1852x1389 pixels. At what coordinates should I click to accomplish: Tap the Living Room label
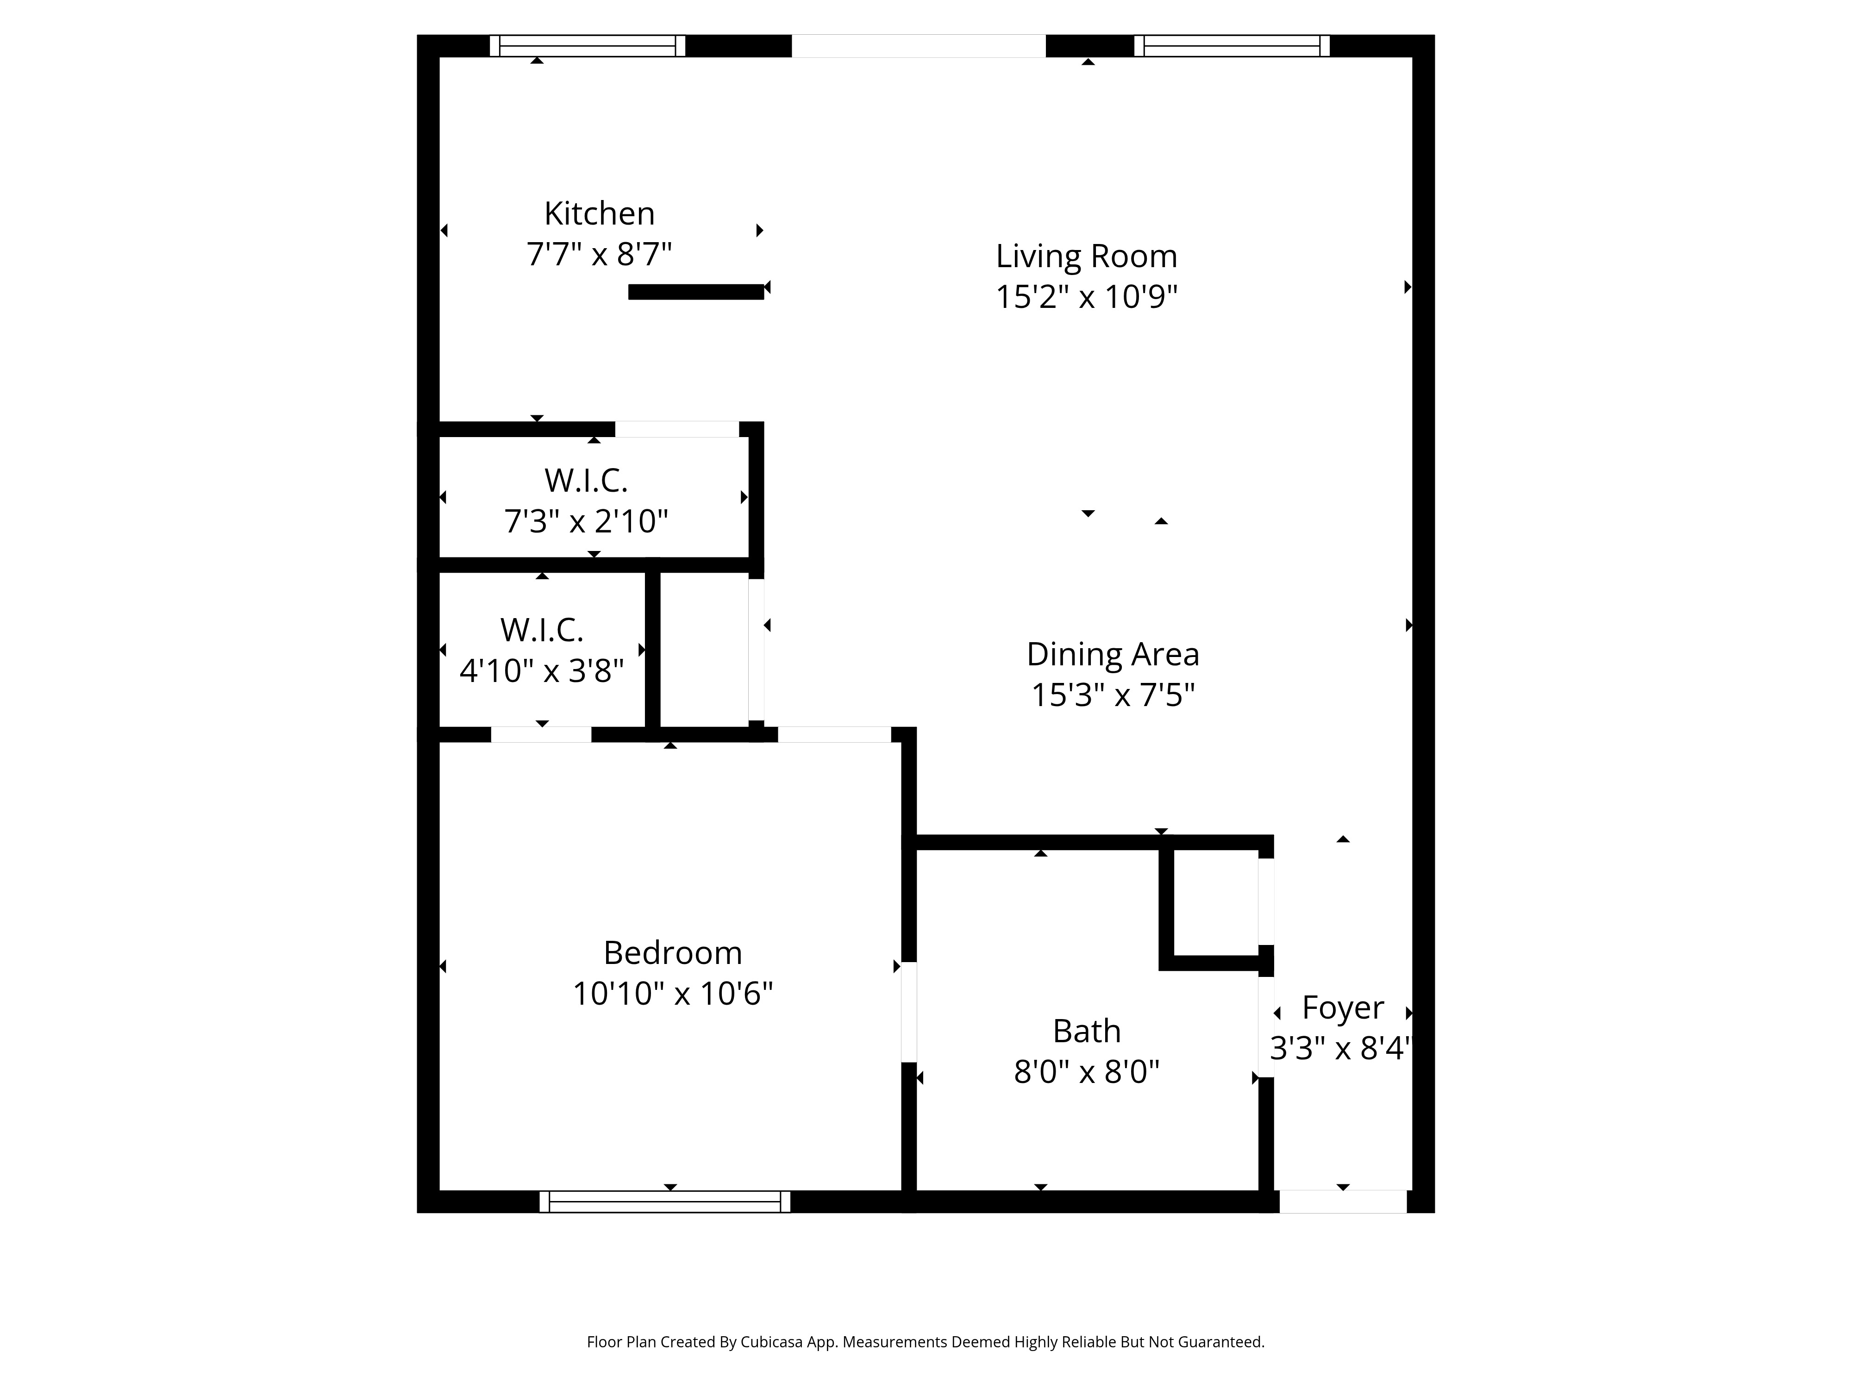1086,256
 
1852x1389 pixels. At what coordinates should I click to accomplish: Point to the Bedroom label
672,953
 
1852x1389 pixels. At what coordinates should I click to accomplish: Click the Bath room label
1086,1031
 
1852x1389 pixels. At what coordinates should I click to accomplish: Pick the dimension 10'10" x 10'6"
672,994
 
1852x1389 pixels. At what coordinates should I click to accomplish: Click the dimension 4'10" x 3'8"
542,670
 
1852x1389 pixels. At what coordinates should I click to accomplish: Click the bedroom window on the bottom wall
665,1201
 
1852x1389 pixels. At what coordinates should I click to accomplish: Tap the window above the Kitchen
587,46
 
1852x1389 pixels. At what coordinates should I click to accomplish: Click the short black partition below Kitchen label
696,291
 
